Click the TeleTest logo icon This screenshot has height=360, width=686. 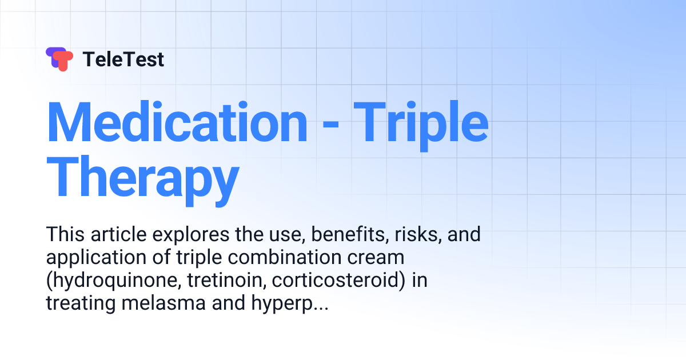tap(59, 59)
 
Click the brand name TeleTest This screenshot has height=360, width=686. tap(123, 59)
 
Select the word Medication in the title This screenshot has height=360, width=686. tap(177, 123)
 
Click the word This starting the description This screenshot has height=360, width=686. tap(63, 234)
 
